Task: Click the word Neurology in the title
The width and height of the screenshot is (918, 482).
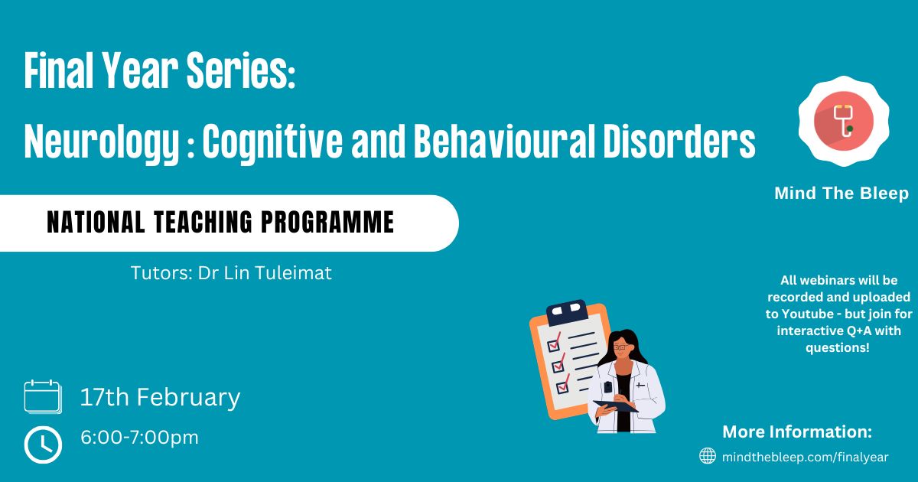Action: tap(102, 142)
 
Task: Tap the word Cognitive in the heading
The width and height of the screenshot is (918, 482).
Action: tap(272, 142)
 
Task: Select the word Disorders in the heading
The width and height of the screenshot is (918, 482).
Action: tap(679, 141)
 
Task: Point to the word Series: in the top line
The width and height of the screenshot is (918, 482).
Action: tap(241, 70)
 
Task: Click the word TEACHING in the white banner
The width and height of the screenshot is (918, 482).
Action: tap(203, 222)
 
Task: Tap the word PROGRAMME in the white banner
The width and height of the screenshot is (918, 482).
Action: tap(328, 222)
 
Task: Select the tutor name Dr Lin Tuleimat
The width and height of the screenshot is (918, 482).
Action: tap(265, 273)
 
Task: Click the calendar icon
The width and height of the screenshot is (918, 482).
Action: tap(43, 396)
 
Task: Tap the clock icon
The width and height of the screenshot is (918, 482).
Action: tap(43, 445)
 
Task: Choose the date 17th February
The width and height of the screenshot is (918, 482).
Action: tap(160, 397)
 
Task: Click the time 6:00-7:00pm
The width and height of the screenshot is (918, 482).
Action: tap(139, 438)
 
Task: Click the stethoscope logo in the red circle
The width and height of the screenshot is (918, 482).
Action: tap(844, 121)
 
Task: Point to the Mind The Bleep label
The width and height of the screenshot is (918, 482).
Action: tap(841, 193)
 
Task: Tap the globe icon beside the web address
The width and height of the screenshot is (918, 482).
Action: tap(708, 456)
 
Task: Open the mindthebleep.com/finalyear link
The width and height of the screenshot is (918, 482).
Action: tap(806, 457)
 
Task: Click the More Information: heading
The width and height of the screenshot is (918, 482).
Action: tap(797, 432)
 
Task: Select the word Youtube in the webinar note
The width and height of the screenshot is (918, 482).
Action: tap(807, 314)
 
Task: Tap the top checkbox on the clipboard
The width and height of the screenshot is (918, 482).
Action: tap(554, 343)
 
